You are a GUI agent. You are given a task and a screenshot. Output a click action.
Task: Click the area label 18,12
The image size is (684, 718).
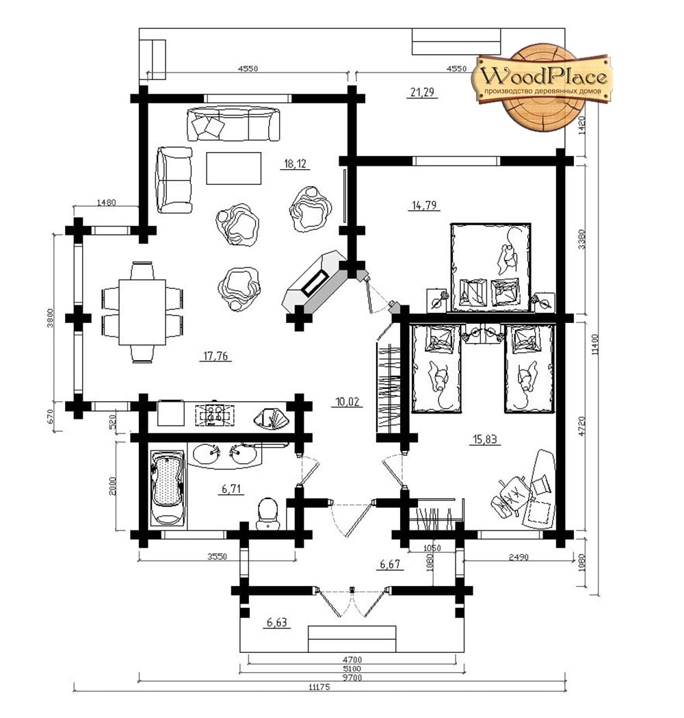click(x=295, y=164)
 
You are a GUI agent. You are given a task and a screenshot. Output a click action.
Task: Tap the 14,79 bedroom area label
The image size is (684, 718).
click(x=424, y=205)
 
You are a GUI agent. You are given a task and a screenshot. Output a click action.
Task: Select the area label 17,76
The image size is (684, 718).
click(x=215, y=356)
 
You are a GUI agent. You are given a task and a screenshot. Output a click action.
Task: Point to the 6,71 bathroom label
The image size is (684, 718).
click(x=231, y=489)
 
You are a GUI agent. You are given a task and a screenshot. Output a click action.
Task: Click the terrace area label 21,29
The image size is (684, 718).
click(x=422, y=92)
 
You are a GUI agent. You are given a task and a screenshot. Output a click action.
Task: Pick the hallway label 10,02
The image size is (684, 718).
click(x=347, y=402)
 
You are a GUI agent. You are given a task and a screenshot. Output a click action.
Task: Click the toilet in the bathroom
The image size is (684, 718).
click(x=267, y=513)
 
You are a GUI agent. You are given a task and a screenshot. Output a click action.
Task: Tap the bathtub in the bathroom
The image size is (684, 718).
click(x=167, y=487)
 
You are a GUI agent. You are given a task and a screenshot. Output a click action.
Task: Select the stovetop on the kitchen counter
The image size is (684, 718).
click(x=215, y=415)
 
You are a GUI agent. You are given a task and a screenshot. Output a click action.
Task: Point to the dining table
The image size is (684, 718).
click(x=142, y=312)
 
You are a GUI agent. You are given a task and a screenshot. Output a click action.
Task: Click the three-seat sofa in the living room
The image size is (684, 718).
click(x=233, y=124)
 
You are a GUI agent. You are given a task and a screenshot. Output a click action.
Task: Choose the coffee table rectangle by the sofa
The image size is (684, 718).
click(x=233, y=168)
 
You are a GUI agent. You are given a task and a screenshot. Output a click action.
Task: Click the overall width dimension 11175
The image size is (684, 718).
click(x=319, y=687)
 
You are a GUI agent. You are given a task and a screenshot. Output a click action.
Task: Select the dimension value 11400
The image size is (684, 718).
click(x=594, y=344)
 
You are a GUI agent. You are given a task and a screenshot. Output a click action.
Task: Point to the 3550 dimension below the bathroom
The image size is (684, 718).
click(x=217, y=556)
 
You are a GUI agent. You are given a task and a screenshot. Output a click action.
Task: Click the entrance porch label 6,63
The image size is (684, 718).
click(x=277, y=622)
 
